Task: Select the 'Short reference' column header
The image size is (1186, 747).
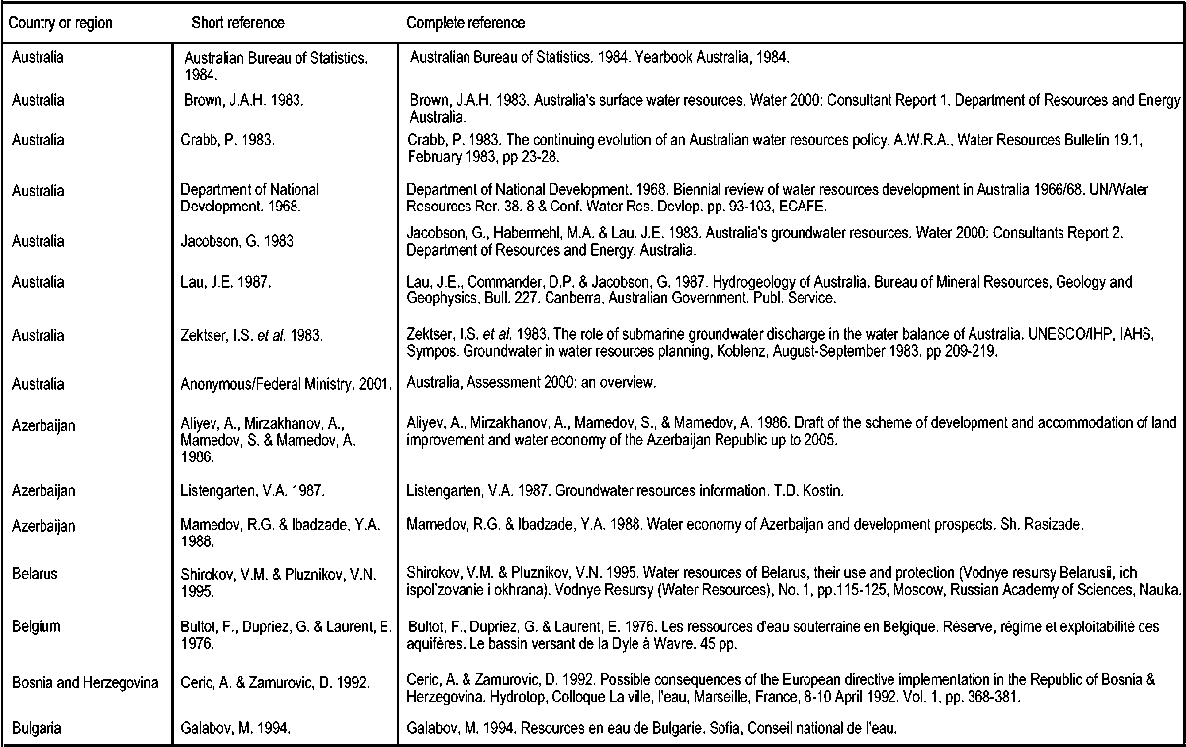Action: [237, 22]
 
